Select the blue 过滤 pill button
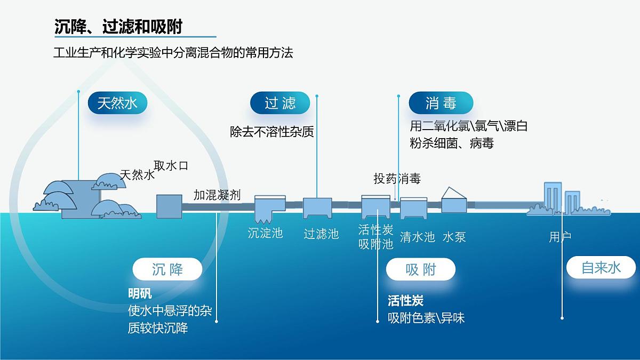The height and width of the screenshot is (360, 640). tap(280, 103)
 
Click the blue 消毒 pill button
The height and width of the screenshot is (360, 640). tap(441, 103)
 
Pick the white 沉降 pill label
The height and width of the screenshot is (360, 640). tap(167, 269)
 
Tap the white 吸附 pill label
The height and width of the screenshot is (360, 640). tap(421, 269)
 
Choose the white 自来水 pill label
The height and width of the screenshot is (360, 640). tap(601, 268)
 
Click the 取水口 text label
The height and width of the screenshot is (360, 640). tap(171, 165)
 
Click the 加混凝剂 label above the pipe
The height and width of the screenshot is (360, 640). tap(217, 195)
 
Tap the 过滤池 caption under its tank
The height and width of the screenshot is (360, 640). tap(321, 234)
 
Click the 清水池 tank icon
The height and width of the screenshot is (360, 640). tap(414, 208)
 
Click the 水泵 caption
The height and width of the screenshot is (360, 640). tap(454, 237)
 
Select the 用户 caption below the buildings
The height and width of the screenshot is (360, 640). tap(560, 237)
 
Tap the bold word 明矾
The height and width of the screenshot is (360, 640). tap(140, 294)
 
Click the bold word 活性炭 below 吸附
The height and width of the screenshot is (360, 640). tap(405, 301)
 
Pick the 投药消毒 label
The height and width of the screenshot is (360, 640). tap(397, 179)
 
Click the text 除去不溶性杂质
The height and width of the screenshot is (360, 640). tap(272, 131)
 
